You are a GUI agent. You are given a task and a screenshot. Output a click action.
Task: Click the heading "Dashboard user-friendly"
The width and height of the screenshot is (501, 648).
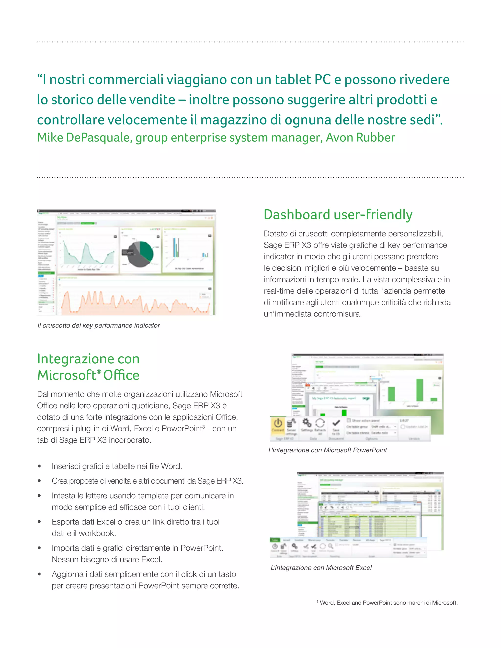tap(338, 215)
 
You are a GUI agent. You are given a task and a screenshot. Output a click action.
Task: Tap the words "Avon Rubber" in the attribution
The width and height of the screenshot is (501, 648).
tap(360, 138)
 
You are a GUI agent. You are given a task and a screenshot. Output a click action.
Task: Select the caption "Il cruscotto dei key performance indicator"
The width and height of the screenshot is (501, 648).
tap(99, 325)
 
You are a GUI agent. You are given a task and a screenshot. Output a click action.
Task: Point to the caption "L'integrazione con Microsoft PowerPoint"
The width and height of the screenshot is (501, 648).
tap(327, 450)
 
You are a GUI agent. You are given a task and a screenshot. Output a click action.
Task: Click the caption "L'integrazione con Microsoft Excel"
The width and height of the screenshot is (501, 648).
tap(321, 568)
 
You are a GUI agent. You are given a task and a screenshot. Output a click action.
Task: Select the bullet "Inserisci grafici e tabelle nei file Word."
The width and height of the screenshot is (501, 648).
tap(117, 466)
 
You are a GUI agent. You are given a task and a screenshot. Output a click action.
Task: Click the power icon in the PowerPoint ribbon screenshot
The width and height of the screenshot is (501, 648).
tap(278, 423)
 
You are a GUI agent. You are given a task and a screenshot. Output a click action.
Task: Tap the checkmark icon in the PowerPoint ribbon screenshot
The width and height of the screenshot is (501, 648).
tap(336, 423)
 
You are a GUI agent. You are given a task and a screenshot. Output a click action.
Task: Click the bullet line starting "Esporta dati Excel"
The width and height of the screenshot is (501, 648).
tap(135, 522)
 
